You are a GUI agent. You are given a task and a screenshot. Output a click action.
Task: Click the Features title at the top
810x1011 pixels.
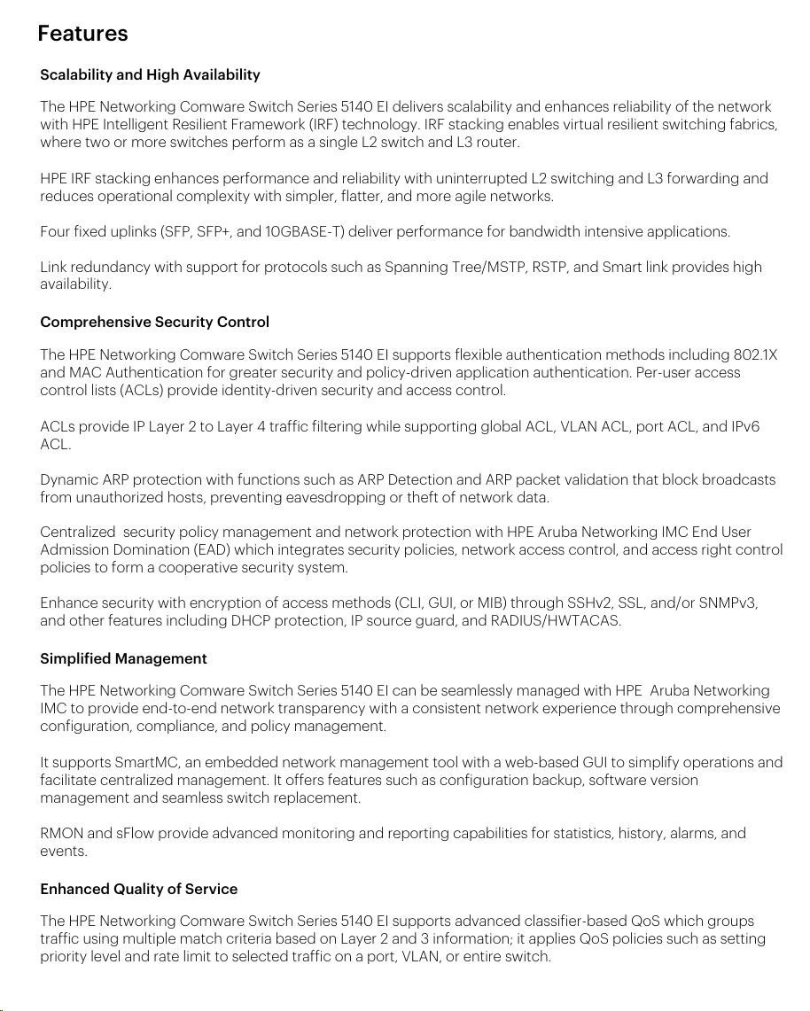[82, 34]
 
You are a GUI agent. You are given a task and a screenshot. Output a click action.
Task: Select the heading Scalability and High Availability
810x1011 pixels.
[150, 74]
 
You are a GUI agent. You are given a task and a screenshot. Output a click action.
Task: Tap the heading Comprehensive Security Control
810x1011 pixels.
[154, 322]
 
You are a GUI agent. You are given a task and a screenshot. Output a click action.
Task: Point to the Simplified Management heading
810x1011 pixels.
[123, 658]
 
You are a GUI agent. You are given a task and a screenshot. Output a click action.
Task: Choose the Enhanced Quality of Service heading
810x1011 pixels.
[138, 889]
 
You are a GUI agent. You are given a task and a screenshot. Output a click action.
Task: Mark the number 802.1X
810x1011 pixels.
[755, 355]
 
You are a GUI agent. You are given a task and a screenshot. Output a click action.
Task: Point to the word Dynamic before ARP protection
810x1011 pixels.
[69, 479]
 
